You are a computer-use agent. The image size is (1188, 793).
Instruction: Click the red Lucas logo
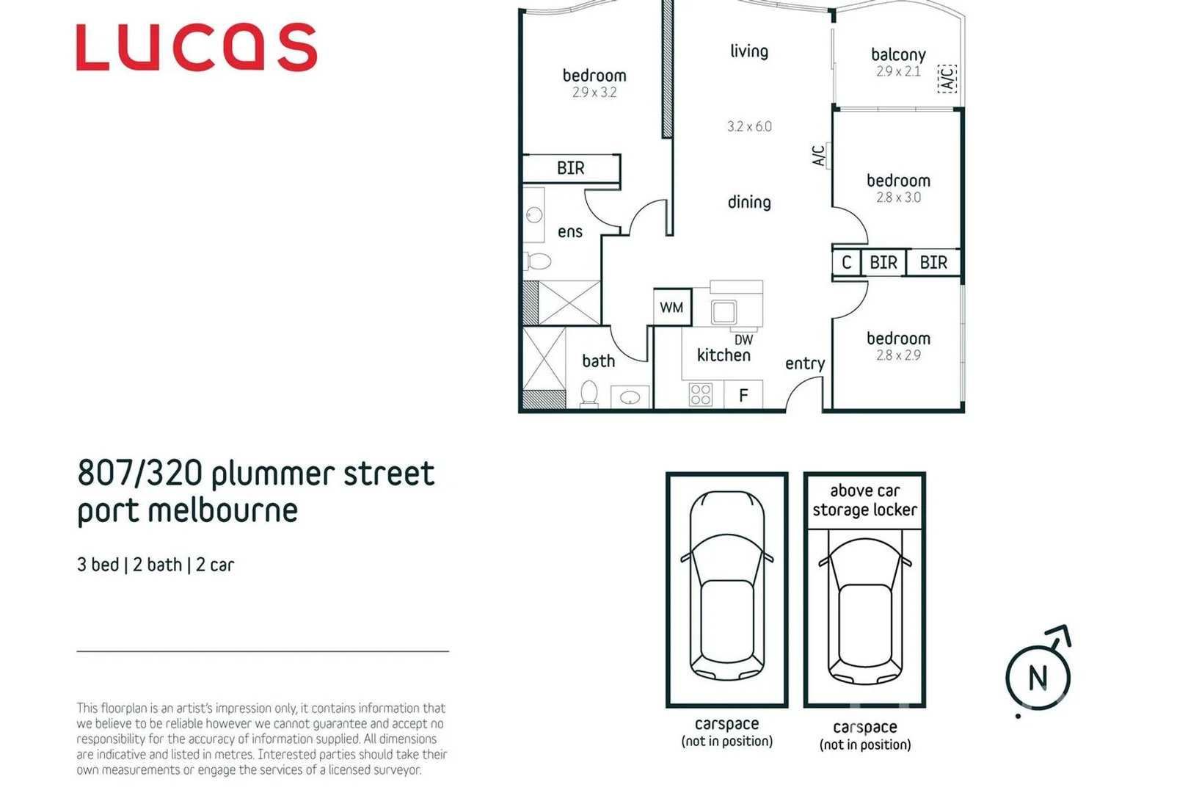point(197,48)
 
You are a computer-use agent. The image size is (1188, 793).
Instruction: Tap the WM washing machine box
point(671,308)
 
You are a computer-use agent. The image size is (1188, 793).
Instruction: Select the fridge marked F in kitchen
point(743,396)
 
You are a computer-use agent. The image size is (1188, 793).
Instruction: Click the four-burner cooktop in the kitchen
point(701,395)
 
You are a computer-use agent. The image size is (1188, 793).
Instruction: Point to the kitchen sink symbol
point(724,312)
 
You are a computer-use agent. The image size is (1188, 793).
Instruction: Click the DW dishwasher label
point(743,340)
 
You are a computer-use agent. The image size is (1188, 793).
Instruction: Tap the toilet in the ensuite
point(539,261)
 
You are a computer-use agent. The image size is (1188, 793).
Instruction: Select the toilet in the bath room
point(588,393)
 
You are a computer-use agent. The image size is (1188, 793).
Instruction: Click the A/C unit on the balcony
point(947,78)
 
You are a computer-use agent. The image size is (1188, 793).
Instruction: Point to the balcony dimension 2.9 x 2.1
point(898,72)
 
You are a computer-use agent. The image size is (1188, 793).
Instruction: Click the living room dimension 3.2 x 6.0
point(749,126)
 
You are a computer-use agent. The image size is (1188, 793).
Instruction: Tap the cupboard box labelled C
point(846,262)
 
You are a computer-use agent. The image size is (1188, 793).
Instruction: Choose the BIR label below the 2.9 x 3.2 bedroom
point(571,168)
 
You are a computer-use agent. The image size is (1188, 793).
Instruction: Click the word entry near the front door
point(805,363)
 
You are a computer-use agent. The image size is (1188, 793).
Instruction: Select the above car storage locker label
point(864,501)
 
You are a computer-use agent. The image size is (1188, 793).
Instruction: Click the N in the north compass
point(1038,678)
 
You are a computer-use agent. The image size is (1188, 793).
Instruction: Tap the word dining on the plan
point(749,202)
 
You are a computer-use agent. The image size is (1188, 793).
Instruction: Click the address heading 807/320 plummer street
point(256,474)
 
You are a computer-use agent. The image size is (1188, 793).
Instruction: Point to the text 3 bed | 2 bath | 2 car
point(156,565)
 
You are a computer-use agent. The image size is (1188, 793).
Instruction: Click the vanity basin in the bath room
point(630,397)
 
